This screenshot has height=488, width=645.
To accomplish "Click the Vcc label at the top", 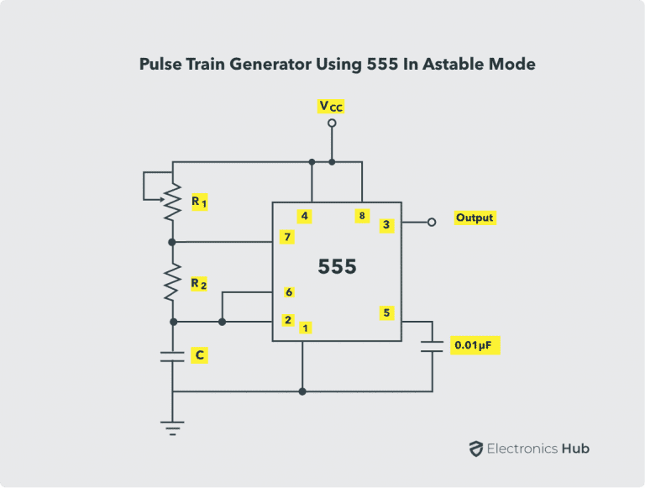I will click(x=331, y=106).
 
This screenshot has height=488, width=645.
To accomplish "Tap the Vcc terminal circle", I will click(x=332, y=123).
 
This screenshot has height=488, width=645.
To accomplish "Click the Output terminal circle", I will click(x=432, y=222).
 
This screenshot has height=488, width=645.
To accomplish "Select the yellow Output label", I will click(x=475, y=218).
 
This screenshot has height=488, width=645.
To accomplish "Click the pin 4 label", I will click(x=304, y=216).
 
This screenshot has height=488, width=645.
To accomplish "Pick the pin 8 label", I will click(x=362, y=216).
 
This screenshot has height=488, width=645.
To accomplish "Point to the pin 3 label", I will click(x=385, y=224).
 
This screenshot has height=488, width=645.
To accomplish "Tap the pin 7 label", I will click(x=287, y=238).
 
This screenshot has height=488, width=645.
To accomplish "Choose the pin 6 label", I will click(x=289, y=292).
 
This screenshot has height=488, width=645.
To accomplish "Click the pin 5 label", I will click(x=386, y=313).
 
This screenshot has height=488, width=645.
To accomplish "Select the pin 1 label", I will click(x=306, y=328).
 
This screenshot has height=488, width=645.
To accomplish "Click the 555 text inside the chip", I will click(x=337, y=267).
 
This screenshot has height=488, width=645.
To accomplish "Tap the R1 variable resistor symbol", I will click(x=172, y=201).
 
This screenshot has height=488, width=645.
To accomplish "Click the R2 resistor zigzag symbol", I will click(x=172, y=282).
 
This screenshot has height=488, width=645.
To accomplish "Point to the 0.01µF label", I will click(x=475, y=345).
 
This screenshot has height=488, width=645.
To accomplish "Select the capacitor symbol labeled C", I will click(x=172, y=356).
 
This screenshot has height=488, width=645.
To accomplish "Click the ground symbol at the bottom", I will click(x=172, y=428).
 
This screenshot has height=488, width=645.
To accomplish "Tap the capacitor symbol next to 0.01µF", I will click(x=433, y=345).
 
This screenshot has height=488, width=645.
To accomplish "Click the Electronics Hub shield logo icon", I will click(x=475, y=449).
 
